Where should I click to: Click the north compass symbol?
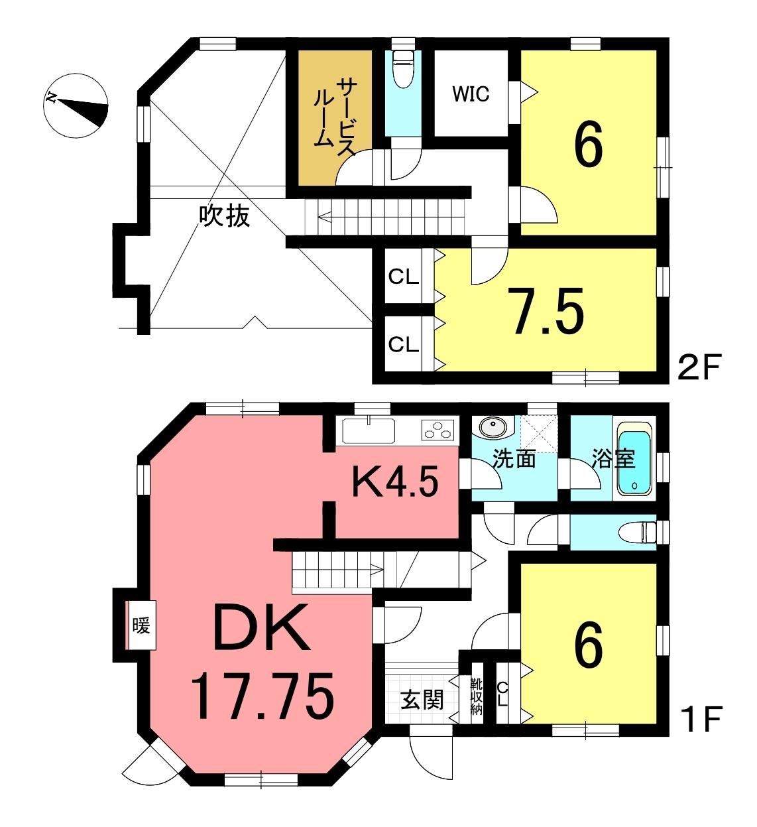tap(76, 106)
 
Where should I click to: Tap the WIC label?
tap(471, 94)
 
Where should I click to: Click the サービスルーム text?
tap(334, 117)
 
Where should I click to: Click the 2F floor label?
tap(699, 367)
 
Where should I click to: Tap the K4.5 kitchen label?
tap(394, 481)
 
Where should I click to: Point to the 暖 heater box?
tap(141, 625)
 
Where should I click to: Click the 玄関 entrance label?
tap(422, 700)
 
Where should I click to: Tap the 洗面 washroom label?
tap(514, 459)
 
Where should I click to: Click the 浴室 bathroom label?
tap(614, 458)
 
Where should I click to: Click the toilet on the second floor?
tap(404, 68)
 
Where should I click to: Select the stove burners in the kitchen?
tap(437, 430)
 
